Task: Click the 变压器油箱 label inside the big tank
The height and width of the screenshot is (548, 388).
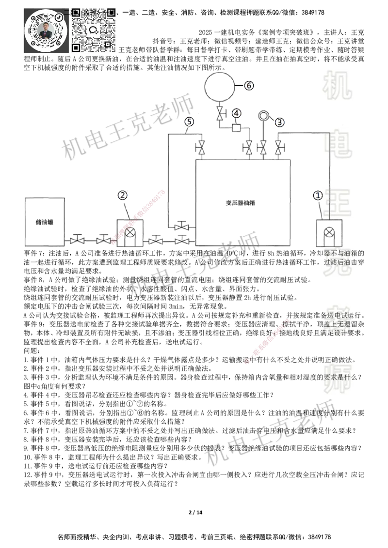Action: (241, 203)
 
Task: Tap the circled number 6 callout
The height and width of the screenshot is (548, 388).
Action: (248, 85)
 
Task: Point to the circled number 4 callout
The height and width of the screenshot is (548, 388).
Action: (236, 113)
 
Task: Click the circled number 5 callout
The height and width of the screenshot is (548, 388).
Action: (189, 122)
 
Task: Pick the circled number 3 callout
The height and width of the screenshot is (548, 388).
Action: (280, 122)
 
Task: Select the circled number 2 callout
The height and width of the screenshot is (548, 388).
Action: (123, 195)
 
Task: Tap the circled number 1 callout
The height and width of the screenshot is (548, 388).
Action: (317, 195)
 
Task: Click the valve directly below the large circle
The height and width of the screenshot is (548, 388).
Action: (220, 115)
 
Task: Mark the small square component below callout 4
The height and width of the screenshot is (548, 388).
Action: (236, 128)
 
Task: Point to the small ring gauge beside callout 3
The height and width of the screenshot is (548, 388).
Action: (263, 115)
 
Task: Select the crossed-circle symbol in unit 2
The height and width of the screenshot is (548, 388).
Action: (130, 232)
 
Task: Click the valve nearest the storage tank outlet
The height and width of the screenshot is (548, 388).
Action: (77, 239)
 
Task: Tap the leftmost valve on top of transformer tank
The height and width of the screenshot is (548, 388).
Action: (199, 147)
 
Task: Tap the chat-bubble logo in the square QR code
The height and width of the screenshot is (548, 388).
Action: (94, 30)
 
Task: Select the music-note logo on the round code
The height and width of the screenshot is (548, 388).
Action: (59, 16)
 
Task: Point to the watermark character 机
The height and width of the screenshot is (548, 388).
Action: (337, 85)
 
